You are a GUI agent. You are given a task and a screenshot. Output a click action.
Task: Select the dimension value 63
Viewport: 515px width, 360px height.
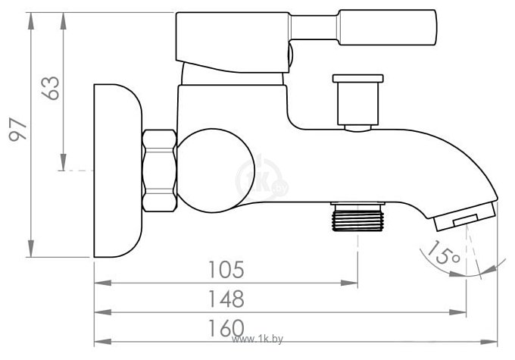point(51,89)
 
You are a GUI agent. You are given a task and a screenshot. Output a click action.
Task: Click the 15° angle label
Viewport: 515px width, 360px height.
point(443,254)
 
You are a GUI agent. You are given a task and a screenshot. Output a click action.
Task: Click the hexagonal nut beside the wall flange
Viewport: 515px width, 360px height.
point(159,172)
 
